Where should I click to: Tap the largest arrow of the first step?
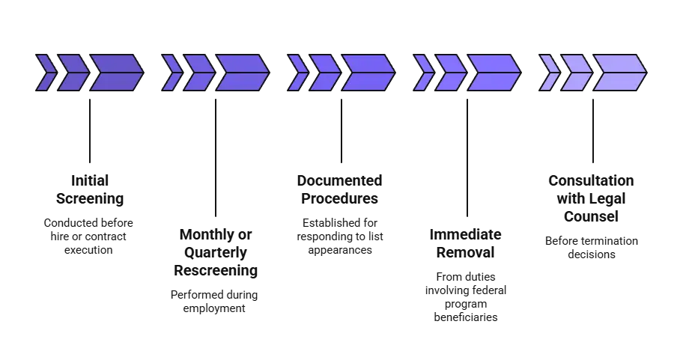point(116,73)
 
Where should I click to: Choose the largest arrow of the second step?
point(242,73)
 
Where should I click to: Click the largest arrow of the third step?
point(368,73)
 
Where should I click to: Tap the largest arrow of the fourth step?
point(494,73)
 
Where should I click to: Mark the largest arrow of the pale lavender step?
point(619,73)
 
